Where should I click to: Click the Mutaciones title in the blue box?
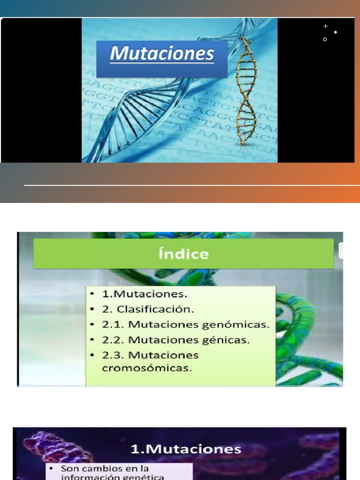click(x=162, y=54)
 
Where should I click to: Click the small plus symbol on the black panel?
click(x=326, y=26)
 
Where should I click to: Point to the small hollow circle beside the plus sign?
click(x=325, y=40)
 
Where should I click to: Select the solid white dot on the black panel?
click(x=336, y=32)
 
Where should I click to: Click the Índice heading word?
click(x=183, y=254)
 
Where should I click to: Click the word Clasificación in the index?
click(x=155, y=309)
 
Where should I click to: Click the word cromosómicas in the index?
click(x=147, y=368)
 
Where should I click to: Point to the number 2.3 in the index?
click(x=113, y=355)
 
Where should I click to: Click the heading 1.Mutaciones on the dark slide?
click(x=186, y=449)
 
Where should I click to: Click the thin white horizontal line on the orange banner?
click(x=187, y=186)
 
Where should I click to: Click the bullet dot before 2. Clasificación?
click(x=93, y=309)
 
